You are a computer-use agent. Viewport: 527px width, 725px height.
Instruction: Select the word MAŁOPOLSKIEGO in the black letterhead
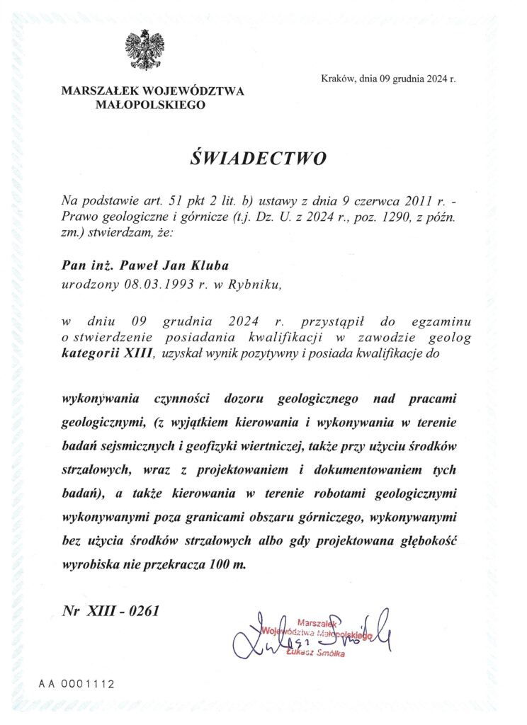tap(152, 105)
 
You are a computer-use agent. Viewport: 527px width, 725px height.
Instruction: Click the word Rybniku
tap(259, 285)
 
